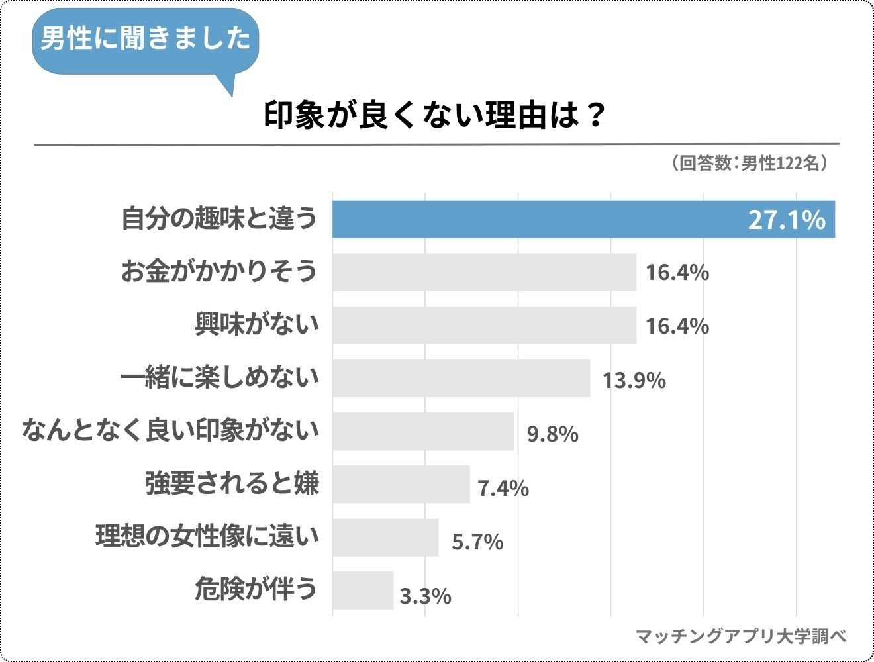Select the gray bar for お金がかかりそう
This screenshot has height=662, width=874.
484,272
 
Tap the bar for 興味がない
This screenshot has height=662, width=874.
484,325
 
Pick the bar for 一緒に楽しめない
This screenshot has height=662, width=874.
461,379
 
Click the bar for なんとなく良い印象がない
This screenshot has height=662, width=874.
423,432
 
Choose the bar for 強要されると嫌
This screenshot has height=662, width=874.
401,485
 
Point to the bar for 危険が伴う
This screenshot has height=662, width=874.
363,591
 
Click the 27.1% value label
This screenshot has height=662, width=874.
787,220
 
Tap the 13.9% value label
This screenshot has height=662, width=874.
634,380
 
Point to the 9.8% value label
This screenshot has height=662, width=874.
552,434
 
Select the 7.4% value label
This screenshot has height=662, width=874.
503,488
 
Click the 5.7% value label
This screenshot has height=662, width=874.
477,542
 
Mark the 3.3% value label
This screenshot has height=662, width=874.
425,596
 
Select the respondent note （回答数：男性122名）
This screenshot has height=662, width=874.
749,163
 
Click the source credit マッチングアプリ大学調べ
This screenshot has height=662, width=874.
741,636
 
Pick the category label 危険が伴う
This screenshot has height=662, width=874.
256,589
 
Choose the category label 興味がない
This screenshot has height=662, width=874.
256,324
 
